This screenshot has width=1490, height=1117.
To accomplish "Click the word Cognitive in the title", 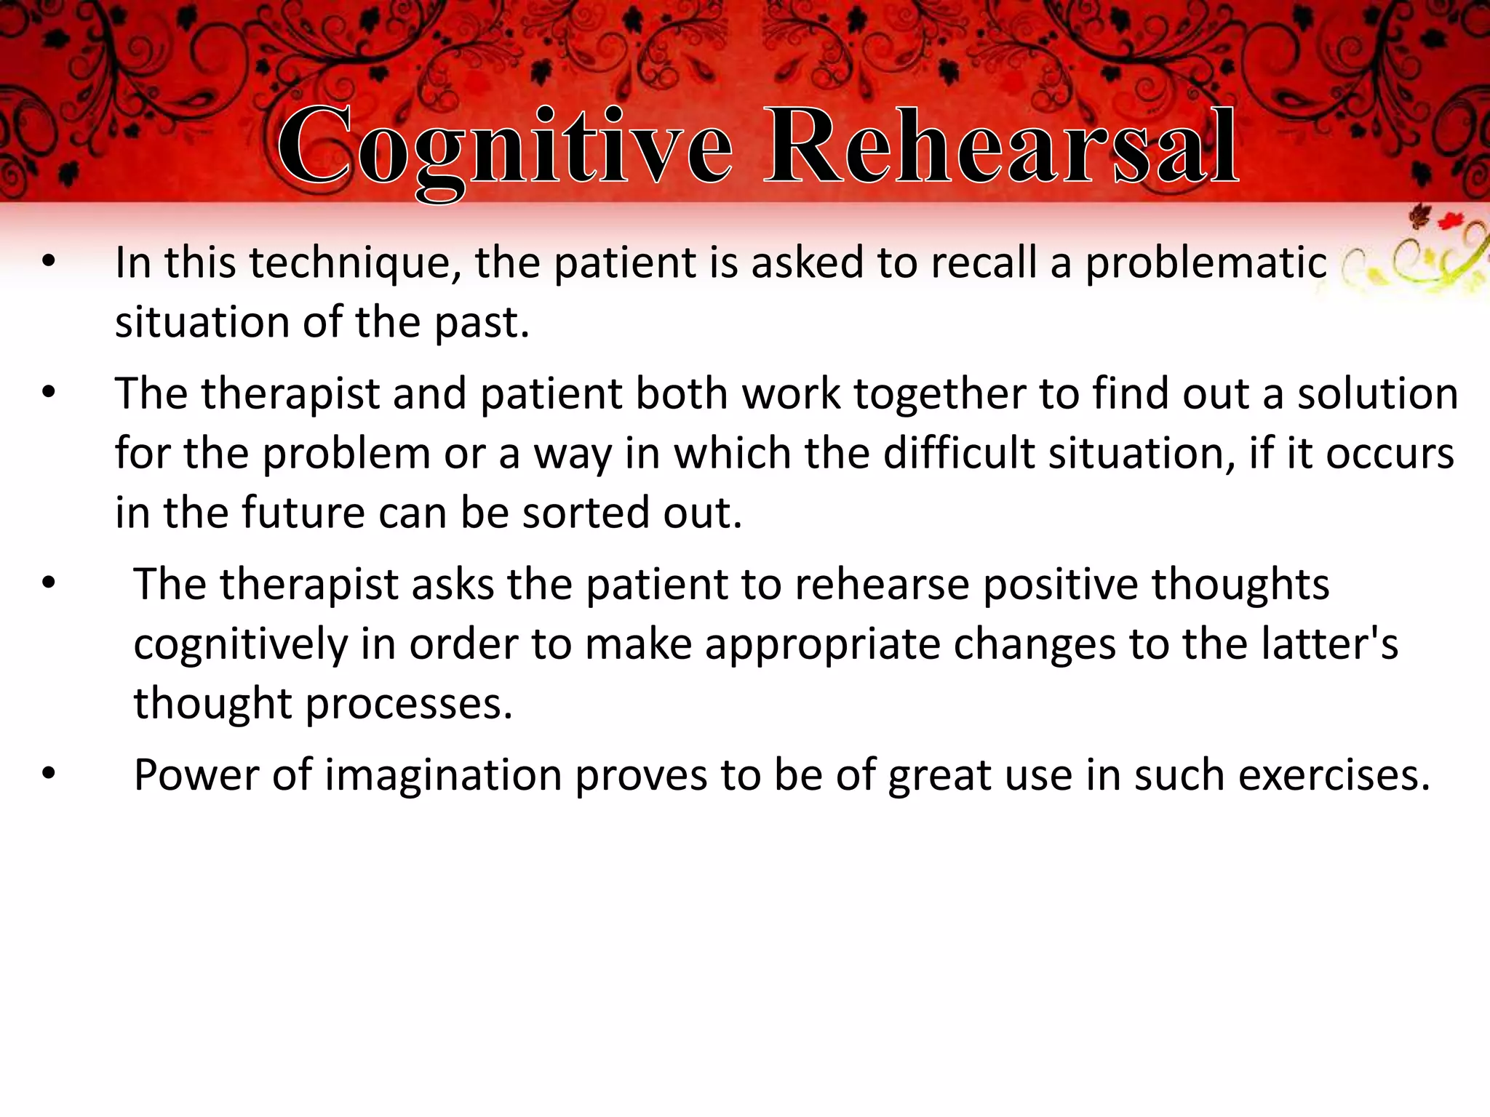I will click(504, 148).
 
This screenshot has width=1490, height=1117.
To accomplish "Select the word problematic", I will click(1206, 263).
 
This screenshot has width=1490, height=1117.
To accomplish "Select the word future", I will click(303, 513).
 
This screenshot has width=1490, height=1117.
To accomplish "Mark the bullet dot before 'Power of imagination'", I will click(49, 775).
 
